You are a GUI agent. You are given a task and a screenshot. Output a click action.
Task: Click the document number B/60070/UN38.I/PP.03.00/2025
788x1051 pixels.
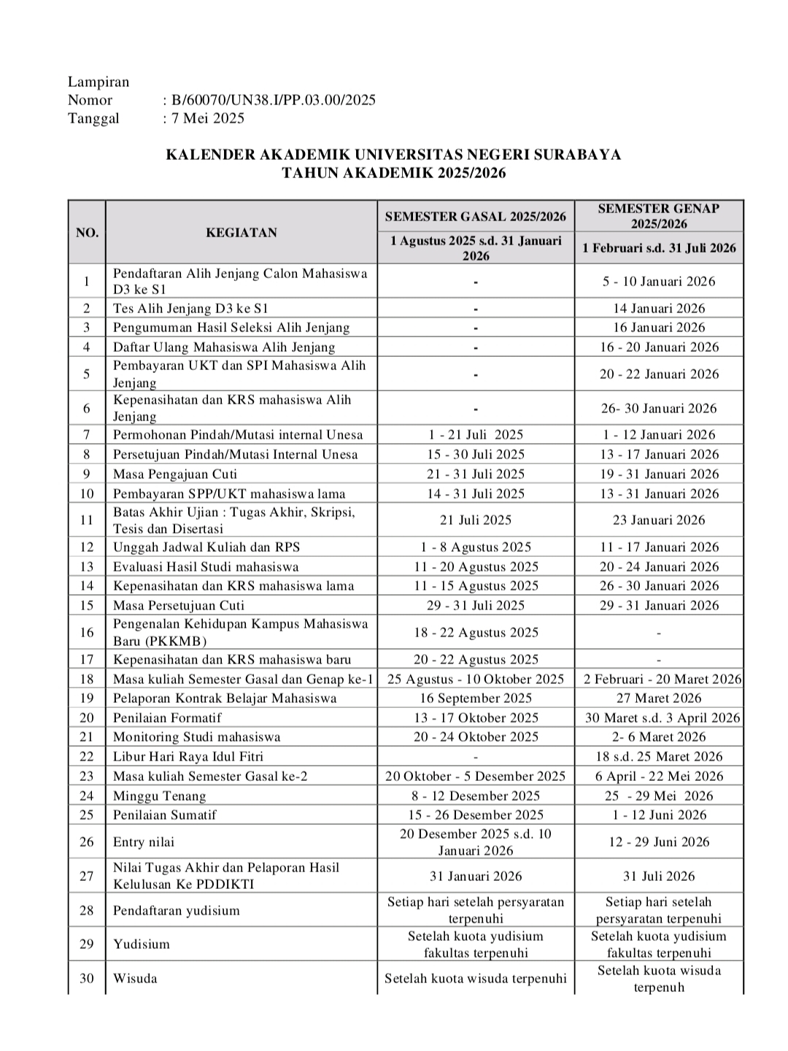(274, 100)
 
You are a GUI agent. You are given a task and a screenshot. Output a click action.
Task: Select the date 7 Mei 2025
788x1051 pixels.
(208, 118)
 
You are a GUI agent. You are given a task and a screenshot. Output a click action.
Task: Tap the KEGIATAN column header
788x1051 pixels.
(242, 233)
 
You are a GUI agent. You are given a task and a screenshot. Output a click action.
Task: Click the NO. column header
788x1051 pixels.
(87, 233)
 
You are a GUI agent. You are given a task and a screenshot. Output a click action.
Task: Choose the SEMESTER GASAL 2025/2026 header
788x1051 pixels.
(476, 217)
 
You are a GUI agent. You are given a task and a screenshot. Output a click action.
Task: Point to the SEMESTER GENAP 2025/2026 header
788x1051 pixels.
(659, 216)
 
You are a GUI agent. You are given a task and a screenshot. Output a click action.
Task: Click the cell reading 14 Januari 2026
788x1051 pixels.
(659, 308)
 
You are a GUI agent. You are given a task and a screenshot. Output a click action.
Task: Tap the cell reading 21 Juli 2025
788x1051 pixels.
(476, 520)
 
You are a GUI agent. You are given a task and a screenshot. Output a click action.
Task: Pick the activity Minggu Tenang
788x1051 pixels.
(159, 796)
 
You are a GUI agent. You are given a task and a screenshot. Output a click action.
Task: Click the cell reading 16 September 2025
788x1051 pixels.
(476, 698)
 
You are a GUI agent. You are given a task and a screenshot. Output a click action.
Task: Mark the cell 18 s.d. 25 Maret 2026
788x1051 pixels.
(659, 756)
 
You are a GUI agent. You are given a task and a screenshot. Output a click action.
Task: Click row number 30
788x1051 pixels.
(87, 978)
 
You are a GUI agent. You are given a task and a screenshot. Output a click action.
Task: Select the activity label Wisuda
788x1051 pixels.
(135, 978)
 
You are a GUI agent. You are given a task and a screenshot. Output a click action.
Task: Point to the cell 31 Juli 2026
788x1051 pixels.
(659, 876)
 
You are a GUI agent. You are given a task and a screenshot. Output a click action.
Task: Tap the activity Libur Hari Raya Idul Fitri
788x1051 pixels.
(188, 756)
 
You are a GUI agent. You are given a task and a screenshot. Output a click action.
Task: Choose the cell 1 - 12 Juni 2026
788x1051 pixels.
(659, 815)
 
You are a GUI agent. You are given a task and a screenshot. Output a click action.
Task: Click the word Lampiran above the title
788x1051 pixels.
(98, 82)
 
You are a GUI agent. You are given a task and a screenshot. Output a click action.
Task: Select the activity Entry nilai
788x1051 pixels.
(144, 842)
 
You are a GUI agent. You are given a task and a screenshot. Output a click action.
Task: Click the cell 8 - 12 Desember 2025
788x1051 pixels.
(476, 796)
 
